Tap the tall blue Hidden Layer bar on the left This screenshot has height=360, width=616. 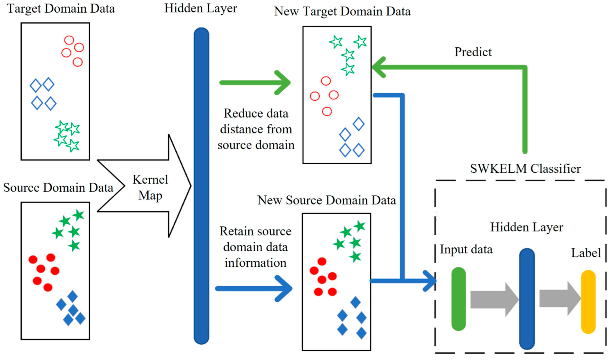click(x=201, y=186)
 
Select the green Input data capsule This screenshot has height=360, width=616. click(x=458, y=299)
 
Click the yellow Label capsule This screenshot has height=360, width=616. click(x=588, y=301)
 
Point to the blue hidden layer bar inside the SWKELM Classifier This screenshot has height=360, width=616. click(x=527, y=299)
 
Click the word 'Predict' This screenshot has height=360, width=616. click(x=473, y=52)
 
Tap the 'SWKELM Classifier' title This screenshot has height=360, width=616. click(x=525, y=169)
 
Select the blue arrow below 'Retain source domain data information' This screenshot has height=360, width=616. click(x=253, y=288)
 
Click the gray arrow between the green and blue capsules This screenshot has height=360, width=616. click(x=494, y=299)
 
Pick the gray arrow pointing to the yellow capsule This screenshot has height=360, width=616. click(x=560, y=298)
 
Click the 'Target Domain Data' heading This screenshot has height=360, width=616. click(x=61, y=8)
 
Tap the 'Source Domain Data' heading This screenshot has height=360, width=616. click(x=58, y=187)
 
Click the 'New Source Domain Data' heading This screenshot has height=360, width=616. click(x=326, y=200)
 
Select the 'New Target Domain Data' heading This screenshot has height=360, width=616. click(x=342, y=11)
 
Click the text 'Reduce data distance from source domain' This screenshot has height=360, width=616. click(x=256, y=129)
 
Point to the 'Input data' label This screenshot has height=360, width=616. click(x=466, y=249)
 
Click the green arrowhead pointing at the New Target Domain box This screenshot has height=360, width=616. click(x=379, y=67)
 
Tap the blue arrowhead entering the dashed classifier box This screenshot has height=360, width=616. click(x=430, y=281)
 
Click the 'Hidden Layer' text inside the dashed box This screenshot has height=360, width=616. click(x=526, y=227)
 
